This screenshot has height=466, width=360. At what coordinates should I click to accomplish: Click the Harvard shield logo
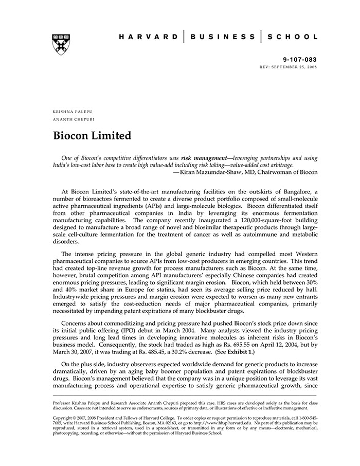61,44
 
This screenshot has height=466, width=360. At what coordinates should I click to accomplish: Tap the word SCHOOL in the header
293,37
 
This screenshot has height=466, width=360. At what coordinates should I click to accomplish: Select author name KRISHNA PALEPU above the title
73,111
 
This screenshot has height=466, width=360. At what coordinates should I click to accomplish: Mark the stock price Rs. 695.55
218,340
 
